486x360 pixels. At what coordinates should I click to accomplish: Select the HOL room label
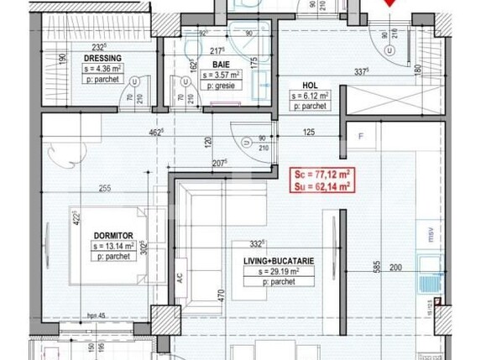314,85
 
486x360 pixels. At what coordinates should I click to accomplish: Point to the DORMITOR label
114,234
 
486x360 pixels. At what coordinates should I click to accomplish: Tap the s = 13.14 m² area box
120,246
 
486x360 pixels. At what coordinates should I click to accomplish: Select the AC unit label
180,274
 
